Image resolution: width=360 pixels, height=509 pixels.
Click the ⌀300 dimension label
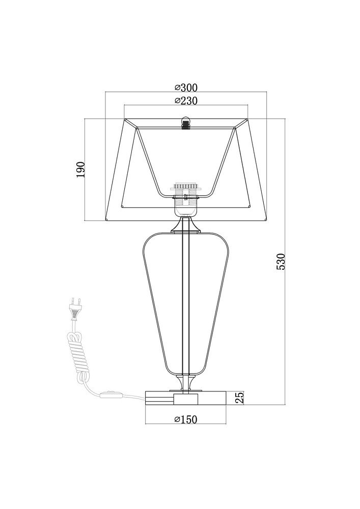[186, 88]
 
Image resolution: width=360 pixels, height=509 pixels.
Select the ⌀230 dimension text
[186, 101]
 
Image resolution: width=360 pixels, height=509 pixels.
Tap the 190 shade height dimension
[80, 169]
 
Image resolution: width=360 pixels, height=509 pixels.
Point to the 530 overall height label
[281, 262]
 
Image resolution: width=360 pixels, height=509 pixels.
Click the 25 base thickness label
[239, 398]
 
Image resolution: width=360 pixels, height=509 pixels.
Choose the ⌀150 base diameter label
[186, 419]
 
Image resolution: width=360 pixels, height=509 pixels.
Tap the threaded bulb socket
[185, 200]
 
